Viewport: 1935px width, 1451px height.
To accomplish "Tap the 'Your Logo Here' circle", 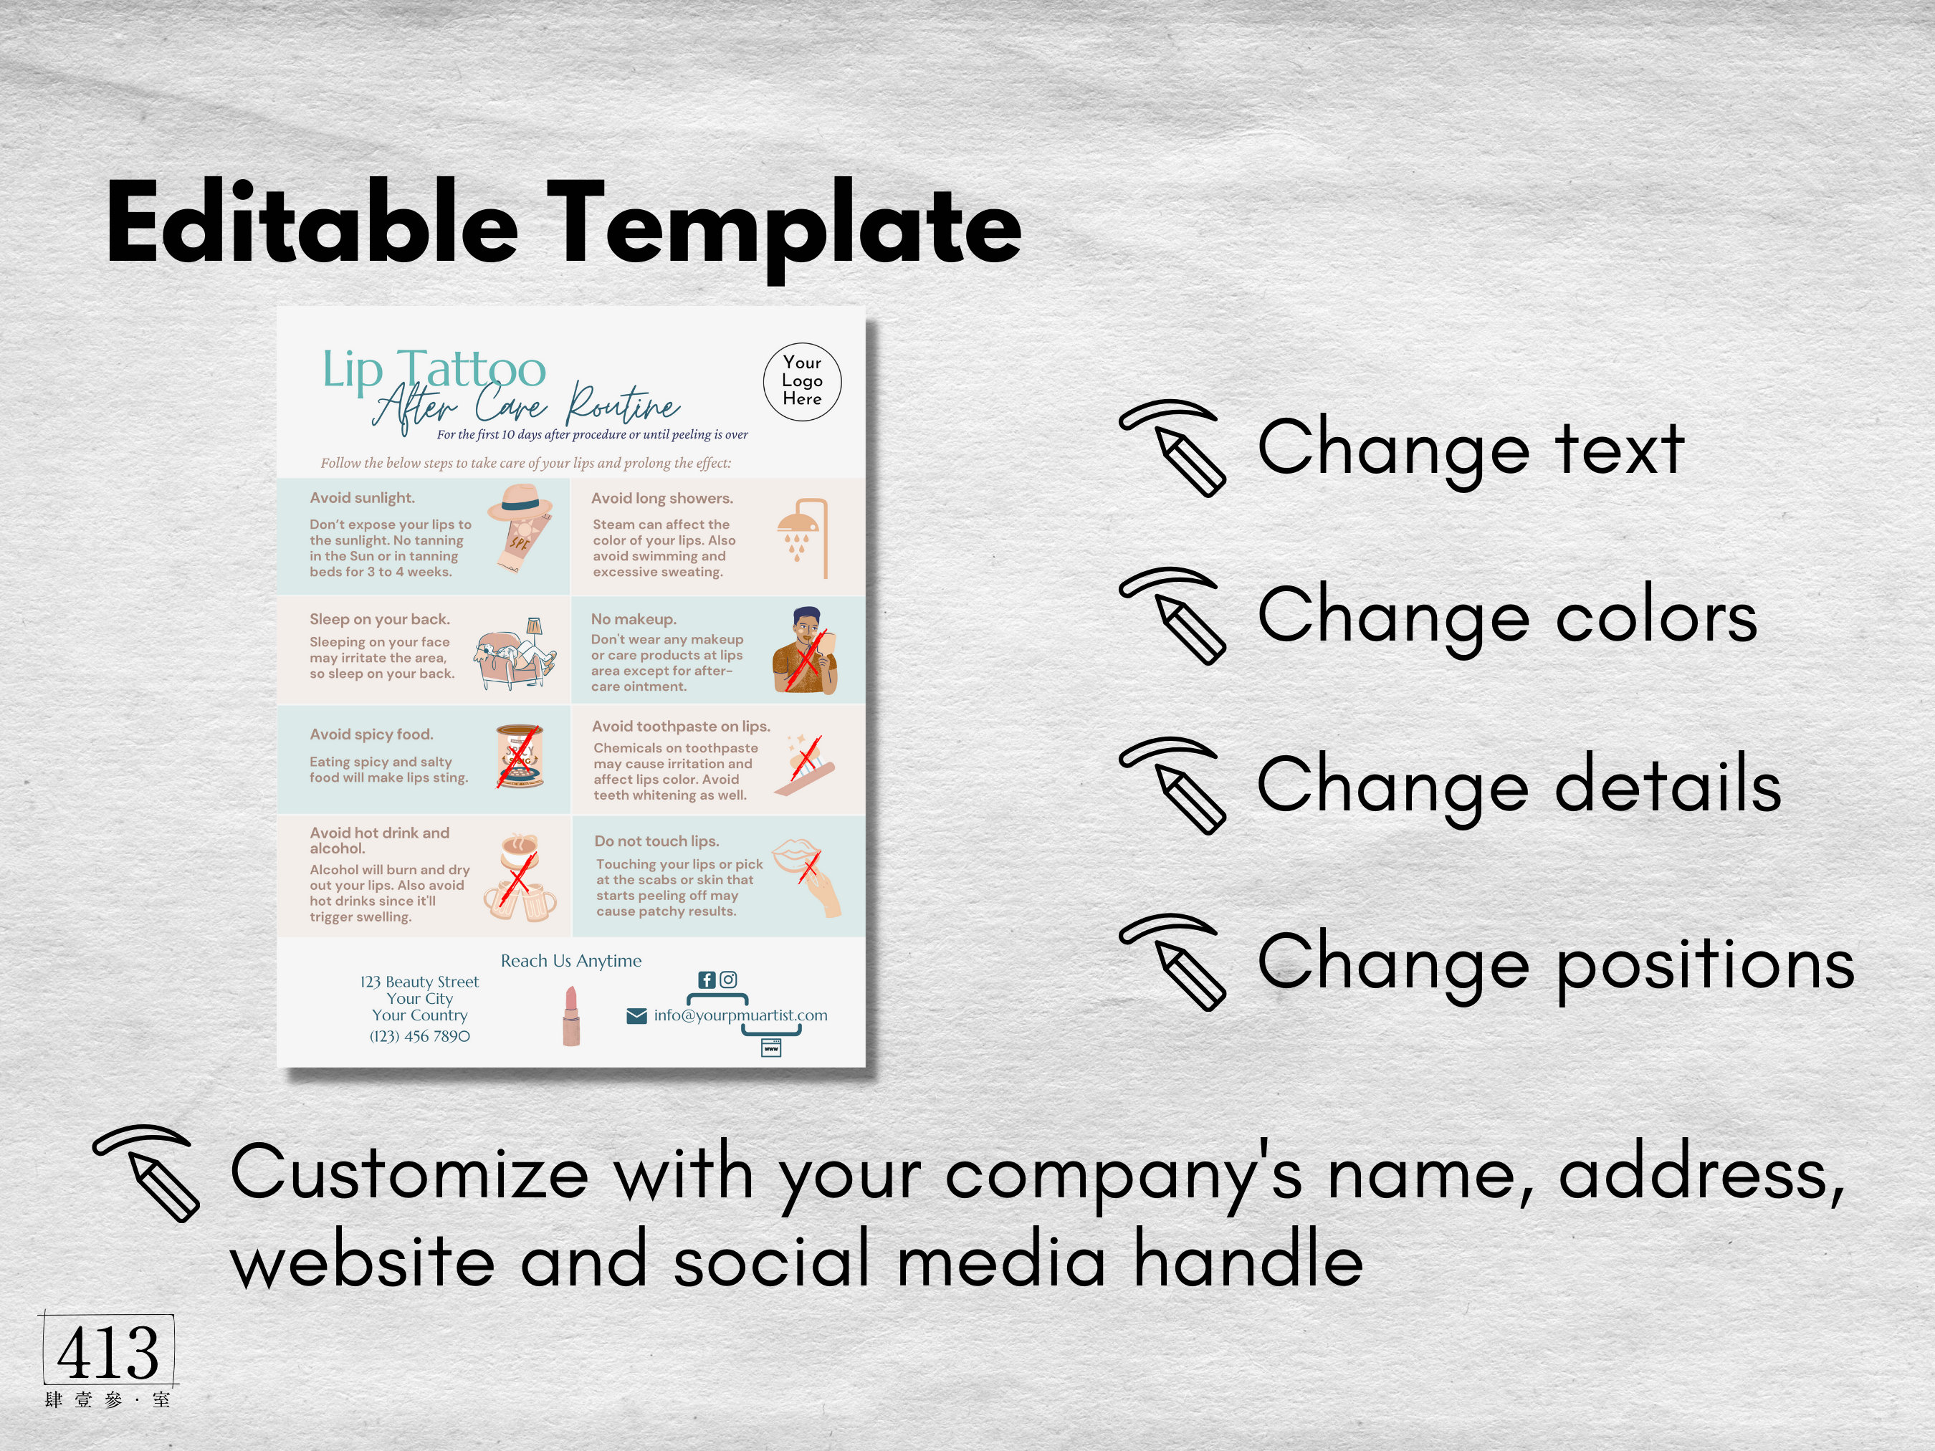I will coord(801,381).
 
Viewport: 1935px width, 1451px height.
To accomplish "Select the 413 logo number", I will coord(107,1352).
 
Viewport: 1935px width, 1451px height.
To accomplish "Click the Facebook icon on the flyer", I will coord(707,980).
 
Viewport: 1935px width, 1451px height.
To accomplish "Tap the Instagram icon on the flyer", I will coord(728,980).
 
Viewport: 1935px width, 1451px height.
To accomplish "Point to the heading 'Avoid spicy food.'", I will coord(371,734).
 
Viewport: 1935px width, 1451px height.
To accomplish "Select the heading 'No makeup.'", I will coord(634,619).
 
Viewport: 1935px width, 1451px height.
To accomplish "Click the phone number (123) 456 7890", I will coord(419,1036).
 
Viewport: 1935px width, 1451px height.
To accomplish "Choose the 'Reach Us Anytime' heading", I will coord(570,960).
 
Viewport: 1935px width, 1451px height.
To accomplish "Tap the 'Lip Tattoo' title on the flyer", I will coord(434,369).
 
